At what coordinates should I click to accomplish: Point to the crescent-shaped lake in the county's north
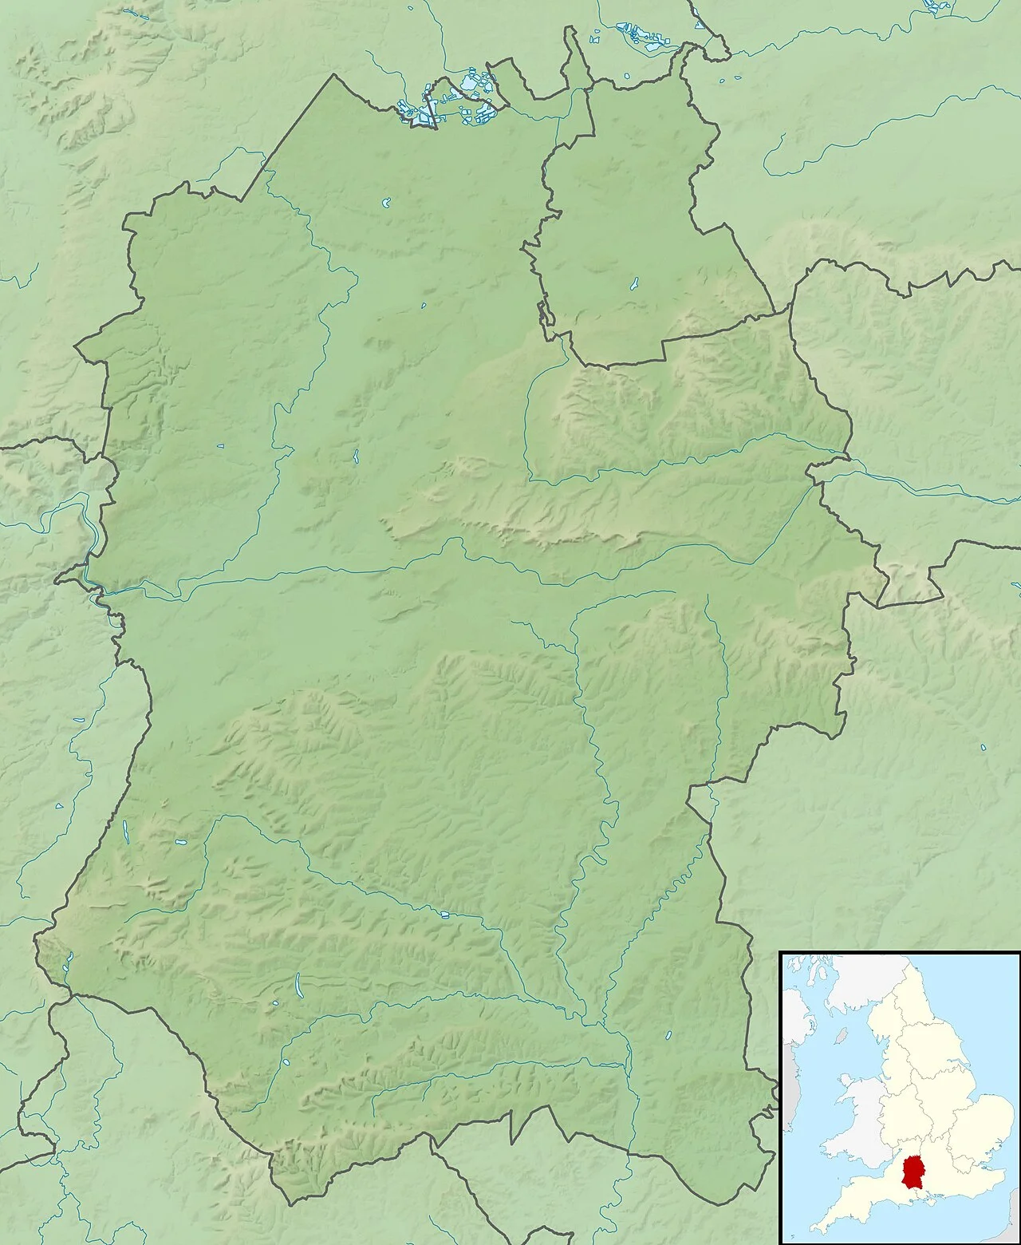[x=386, y=204]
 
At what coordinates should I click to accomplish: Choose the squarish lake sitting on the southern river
[x=444, y=914]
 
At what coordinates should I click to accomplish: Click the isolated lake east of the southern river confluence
[x=668, y=1035]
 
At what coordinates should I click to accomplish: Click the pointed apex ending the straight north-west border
[x=335, y=75]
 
